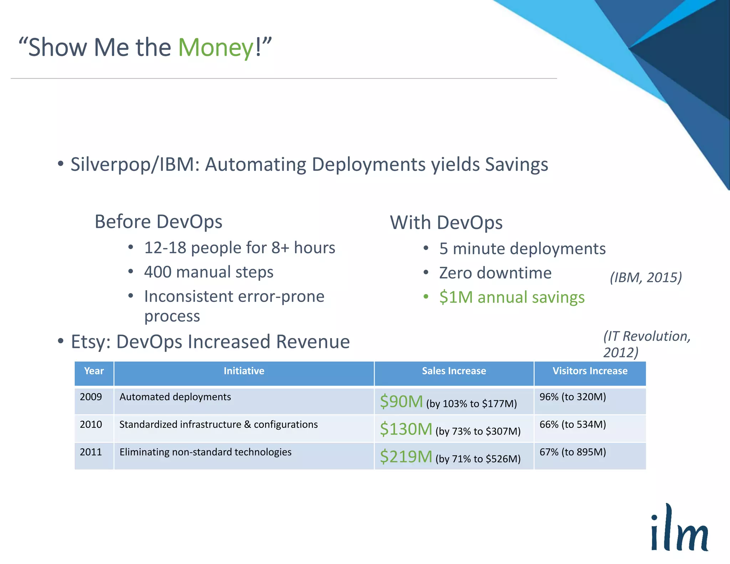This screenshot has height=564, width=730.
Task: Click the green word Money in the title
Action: pos(216,47)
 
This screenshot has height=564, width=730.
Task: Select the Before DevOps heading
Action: pos(158,222)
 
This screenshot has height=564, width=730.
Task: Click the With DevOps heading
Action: pos(446,223)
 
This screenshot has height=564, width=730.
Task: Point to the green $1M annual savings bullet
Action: pos(511,297)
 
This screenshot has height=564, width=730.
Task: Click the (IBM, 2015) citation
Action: pos(646,277)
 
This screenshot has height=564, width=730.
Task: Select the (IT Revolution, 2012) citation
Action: pos(646,344)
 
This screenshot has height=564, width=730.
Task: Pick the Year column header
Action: pos(94,371)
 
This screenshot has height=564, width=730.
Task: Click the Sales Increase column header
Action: pos(454,371)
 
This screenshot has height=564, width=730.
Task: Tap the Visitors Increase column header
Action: pos(590,371)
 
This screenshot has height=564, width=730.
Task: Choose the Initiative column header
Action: pos(244,371)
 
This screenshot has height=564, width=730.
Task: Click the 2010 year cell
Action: pos(91,425)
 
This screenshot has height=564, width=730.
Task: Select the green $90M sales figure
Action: pos(401,402)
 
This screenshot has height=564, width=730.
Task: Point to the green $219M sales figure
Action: pos(406,457)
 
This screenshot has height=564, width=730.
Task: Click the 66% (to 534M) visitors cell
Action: pos(572,425)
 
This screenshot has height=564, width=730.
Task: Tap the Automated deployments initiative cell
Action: pos(175,397)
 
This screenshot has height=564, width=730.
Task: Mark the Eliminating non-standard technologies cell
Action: pos(205,452)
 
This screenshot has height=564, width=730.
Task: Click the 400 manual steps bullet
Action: pos(209,272)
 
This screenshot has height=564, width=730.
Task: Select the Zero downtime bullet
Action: pos(495,273)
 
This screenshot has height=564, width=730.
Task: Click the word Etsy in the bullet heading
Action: pos(91,342)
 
